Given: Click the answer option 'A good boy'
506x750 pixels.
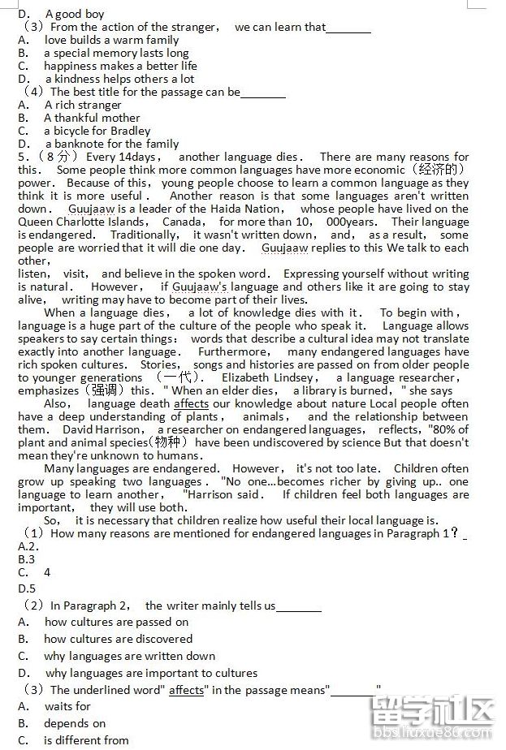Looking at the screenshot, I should point(75,14).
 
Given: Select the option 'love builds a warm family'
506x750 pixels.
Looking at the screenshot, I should point(111,40).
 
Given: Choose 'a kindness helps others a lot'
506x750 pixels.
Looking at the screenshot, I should point(119,79).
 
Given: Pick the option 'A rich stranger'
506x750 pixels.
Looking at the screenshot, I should point(83,105).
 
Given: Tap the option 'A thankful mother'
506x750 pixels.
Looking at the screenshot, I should point(92,118).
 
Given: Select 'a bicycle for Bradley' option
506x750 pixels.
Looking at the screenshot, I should point(97,131).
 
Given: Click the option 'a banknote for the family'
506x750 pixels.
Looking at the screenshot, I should point(112,144).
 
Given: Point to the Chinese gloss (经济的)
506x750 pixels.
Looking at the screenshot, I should point(439,170).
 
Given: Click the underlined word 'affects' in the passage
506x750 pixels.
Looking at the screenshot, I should point(191,403).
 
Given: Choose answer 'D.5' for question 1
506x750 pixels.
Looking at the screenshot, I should point(27,588).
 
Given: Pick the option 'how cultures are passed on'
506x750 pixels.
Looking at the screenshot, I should point(116,622).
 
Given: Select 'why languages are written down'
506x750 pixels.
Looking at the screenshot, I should point(130,656).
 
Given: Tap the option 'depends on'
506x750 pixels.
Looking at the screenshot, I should point(75,723).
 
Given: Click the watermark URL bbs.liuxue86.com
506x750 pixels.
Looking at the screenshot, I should point(427,737).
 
